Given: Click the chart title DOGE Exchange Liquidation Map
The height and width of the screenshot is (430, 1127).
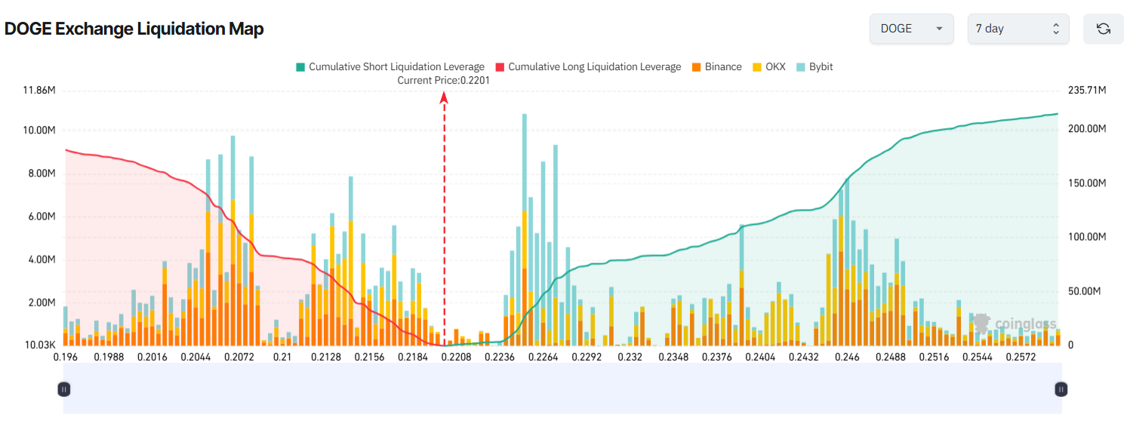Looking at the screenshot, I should [134, 29].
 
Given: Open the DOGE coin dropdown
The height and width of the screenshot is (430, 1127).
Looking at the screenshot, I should [911, 29].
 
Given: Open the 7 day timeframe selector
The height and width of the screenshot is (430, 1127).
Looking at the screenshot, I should [1018, 29].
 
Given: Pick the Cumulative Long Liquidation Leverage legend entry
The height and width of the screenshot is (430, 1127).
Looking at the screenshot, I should [588, 66].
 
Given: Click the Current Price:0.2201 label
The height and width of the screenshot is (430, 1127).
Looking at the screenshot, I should [443, 80].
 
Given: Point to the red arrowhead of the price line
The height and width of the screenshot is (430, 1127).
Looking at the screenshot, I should [444, 96].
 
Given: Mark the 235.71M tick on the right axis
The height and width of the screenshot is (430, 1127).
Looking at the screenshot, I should [1087, 91].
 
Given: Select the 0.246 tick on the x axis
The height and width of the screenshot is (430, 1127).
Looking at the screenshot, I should [847, 357].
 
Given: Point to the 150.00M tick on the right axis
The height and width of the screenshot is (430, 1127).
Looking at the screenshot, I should [1087, 183].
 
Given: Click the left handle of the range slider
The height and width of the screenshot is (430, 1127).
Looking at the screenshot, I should [64, 389].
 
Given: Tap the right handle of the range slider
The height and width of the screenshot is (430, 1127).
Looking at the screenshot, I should [1061, 389].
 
